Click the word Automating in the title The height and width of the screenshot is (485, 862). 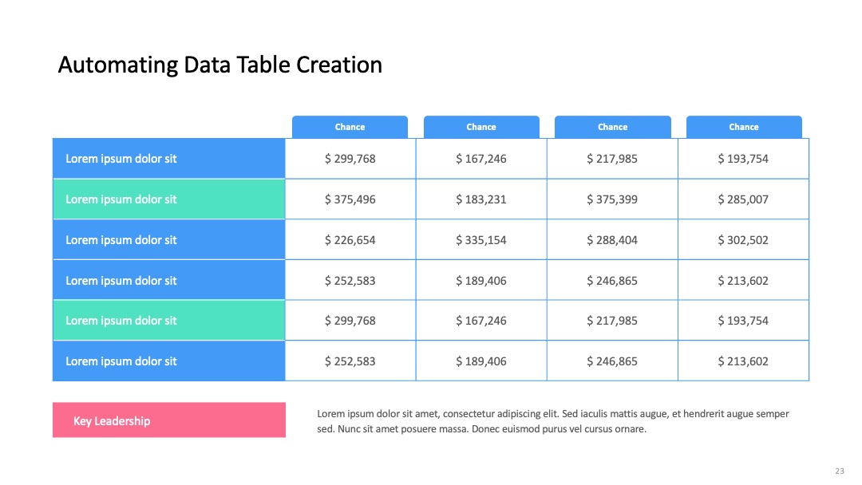(117, 65)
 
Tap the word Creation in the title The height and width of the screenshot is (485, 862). (338, 65)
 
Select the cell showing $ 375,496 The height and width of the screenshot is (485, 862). (350, 199)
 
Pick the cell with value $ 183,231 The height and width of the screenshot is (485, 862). (481, 199)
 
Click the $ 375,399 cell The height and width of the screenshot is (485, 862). (612, 199)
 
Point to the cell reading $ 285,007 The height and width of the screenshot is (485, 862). (743, 199)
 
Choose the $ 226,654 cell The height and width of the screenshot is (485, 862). (350, 240)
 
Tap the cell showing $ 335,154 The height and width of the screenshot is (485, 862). (481, 240)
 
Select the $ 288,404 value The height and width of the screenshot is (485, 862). (612, 240)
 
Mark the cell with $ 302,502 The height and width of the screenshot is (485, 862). (743, 240)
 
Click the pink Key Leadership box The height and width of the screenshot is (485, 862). (169, 420)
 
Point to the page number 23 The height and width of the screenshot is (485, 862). (840, 471)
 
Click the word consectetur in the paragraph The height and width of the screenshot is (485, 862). (469, 414)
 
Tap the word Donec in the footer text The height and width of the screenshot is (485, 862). (484, 429)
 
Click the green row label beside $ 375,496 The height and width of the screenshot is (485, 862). (169, 199)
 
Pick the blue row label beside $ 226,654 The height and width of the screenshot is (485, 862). (169, 240)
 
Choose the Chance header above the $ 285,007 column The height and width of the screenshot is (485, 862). (744, 127)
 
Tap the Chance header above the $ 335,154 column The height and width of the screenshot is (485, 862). (481, 127)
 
